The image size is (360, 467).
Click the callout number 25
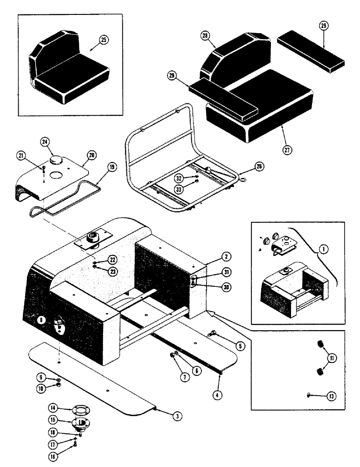point(103,40)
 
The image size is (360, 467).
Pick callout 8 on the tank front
point(43,321)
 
